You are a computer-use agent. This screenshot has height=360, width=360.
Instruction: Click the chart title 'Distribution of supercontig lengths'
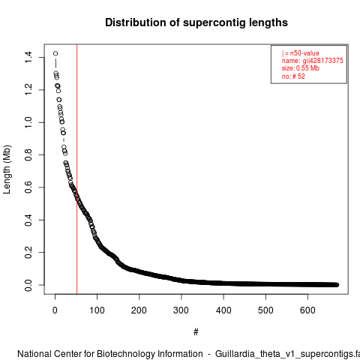tap(196, 22)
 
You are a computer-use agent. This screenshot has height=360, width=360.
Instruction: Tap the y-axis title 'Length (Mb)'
tap(7, 169)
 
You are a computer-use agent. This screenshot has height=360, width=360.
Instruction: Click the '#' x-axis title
tap(196, 332)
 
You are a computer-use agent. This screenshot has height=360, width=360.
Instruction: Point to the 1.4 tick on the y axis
tap(28, 57)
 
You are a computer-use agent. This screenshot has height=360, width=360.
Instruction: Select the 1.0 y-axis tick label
tap(28, 122)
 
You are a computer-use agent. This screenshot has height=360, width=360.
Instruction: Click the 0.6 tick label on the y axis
tap(28, 187)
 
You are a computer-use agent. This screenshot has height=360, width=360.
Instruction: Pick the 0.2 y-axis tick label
tap(28, 252)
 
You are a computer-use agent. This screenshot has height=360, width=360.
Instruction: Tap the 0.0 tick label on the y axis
tap(28, 285)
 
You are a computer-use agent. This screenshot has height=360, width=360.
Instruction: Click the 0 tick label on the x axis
tap(55, 310)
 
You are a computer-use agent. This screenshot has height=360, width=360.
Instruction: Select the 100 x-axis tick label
tap(97, 310)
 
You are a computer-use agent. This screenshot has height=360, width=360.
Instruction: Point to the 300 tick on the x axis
tap(181, 310)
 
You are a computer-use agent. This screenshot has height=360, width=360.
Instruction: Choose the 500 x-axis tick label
tap(265, 310)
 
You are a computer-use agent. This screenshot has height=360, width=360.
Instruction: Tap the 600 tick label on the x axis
tap(307, 310)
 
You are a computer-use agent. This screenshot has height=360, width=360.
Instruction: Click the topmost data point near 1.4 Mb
tap(55, 53)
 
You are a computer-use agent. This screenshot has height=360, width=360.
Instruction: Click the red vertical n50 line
tap(76, 169)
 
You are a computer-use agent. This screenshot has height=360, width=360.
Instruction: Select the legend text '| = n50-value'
tap(301, 53)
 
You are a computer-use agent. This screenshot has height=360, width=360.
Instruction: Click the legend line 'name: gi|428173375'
tap(313, 61)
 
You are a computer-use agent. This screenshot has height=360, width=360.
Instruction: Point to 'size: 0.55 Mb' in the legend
tap(301, 68)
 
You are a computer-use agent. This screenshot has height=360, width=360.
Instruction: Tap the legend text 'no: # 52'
tap(293, 76)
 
